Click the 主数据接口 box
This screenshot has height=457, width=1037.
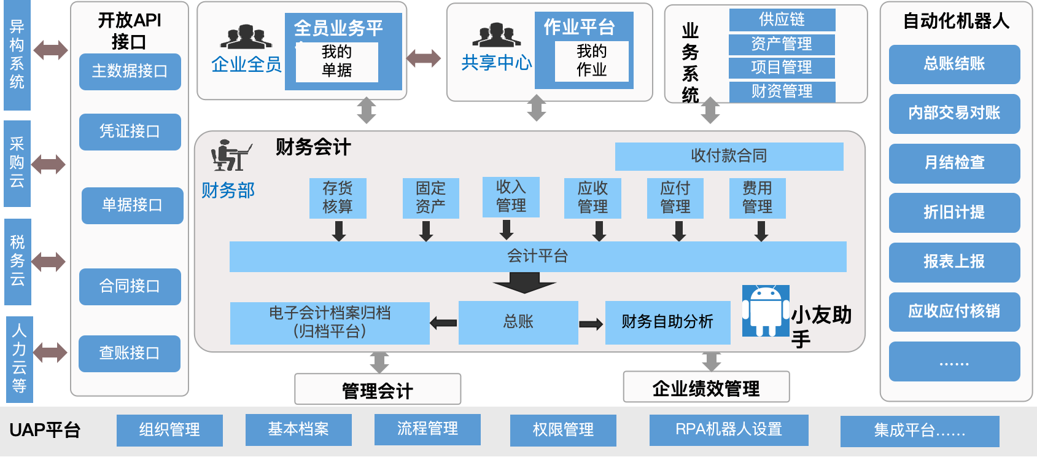130,71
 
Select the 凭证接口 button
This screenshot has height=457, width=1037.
130,131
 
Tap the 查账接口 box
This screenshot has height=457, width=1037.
129,353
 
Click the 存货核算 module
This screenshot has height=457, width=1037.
338,198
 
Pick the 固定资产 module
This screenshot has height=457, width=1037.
430,198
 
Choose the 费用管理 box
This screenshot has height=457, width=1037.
757,198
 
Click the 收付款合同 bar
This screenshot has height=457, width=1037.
729,156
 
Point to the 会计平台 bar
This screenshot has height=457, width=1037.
537,256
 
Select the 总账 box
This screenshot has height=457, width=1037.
518,322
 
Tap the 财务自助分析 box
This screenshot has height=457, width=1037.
667,322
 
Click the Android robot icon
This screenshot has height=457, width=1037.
765,311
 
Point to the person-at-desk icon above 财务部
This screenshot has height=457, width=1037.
230,155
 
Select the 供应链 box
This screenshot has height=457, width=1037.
782,20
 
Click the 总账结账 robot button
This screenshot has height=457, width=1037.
954,64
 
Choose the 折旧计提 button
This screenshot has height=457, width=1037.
954,213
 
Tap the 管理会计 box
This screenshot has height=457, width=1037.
378,390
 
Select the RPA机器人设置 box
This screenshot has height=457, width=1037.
729,429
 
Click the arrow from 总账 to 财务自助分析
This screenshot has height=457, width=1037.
591,324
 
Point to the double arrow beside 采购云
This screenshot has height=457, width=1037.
49,164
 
